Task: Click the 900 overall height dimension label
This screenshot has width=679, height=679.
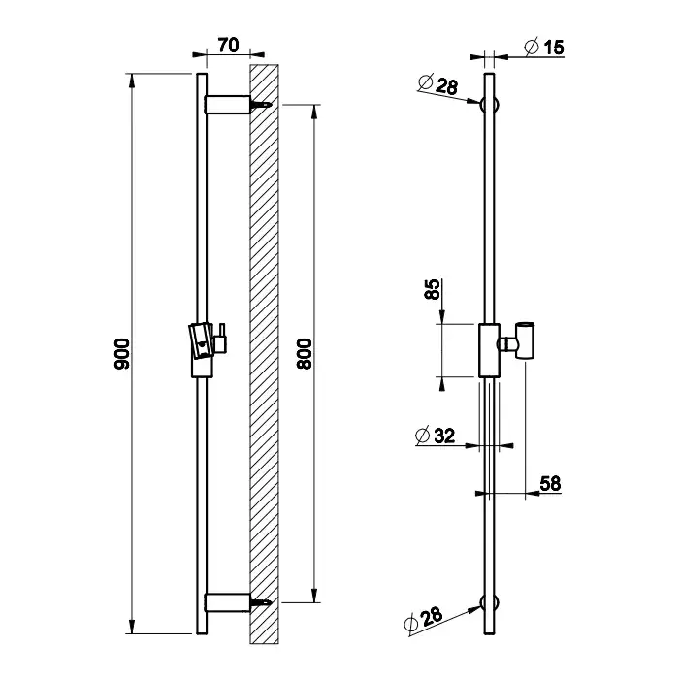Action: coord(121,354)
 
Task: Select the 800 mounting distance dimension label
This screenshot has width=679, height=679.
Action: coord(304,354)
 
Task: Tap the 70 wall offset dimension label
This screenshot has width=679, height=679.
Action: coord(228,45)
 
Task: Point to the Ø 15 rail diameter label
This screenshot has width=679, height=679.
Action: coord(544,47)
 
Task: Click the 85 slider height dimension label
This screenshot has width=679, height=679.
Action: coord(433,289)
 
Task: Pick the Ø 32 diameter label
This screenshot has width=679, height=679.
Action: coord(436,436)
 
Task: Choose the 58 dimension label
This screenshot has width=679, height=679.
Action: coord(550,483)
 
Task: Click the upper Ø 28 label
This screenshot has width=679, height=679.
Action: coord(438,83)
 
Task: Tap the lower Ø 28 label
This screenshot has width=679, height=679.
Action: coord(423,619)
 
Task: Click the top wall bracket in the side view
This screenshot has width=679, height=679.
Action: coord(228,105)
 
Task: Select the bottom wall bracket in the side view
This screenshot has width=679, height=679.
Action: coord(228,602)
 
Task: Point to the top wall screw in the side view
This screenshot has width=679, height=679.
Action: coord(262,105)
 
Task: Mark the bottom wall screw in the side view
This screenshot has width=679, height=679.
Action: coord(262,602)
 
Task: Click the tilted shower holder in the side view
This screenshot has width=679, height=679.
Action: coord(202,340)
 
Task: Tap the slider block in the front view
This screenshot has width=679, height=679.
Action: coord(489,350)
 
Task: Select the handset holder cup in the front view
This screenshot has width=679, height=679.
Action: coord(525,340)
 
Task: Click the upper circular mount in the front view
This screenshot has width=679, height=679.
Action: coord(489,105)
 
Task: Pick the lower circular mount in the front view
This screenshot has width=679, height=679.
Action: coord(489,602)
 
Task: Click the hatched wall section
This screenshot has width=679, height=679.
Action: coord(264,354)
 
